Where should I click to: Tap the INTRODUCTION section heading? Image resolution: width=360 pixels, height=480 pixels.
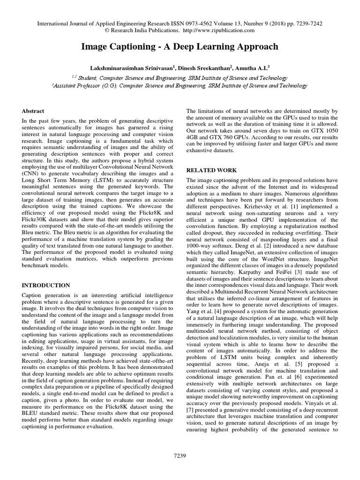click(46, 285)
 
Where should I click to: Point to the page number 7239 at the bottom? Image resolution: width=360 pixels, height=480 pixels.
click(180, 455)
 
